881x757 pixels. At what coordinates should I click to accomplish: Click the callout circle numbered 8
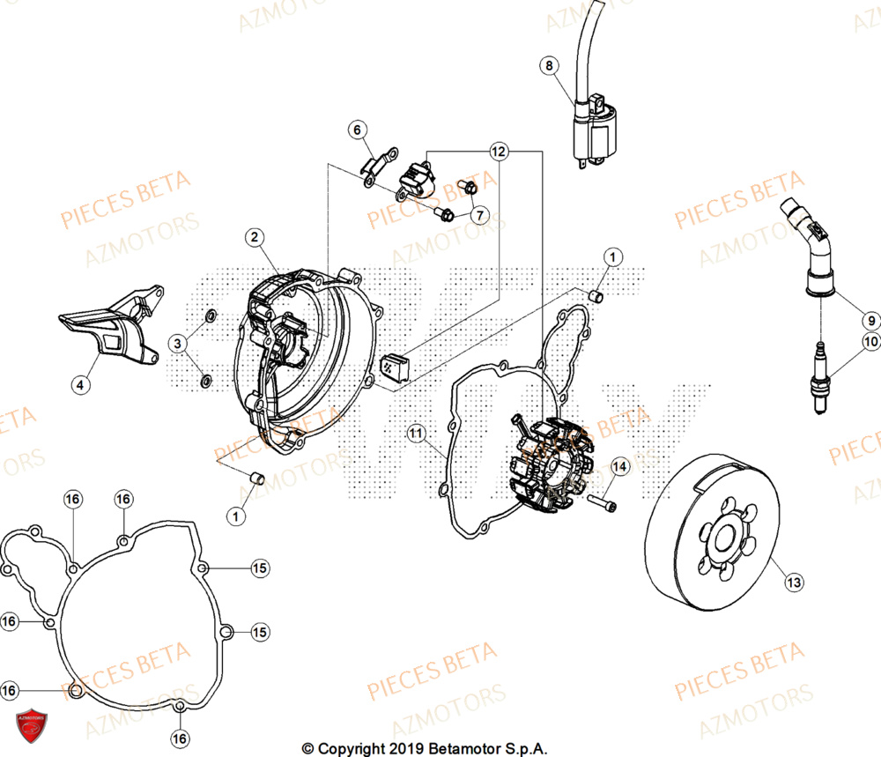(550, 65)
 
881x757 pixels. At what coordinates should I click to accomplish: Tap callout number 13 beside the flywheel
(793, 582)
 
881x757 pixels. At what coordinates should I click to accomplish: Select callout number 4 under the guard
(80, 384)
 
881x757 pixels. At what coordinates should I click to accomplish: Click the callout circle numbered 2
(254, 237)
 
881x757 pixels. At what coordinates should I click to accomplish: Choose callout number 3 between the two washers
(178, 343)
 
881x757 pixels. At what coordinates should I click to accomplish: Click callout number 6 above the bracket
(358, 130)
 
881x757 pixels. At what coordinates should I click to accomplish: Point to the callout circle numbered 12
(499, 152)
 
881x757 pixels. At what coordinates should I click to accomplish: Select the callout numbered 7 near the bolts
(478, 215)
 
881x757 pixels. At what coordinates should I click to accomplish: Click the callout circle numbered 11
(417, 433)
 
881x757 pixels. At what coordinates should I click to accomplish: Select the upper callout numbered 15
(259, 568)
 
